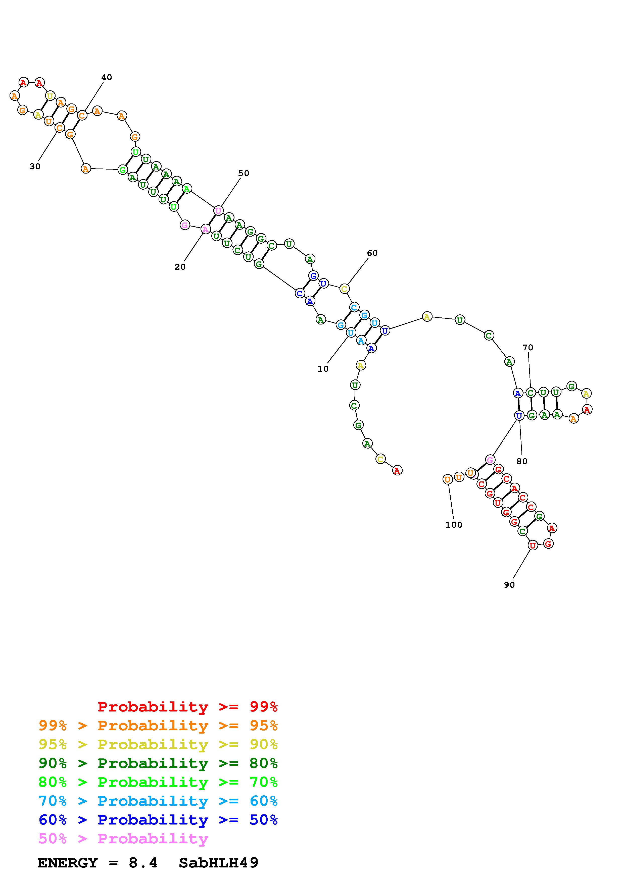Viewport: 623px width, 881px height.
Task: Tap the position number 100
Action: (x=454, y=525)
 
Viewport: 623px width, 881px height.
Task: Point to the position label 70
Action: (x=528, y=348)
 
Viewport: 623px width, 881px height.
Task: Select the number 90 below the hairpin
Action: (x=509, y=585)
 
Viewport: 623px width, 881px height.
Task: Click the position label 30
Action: (x=35, y=167)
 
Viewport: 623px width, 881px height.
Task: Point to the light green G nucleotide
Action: (x=122, y=169)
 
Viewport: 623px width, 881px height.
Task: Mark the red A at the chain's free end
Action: (x=397, y=470)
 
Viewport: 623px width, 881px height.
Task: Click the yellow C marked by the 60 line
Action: (x=344, y=289)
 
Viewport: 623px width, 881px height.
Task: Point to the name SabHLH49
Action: (x=219, y=863)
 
